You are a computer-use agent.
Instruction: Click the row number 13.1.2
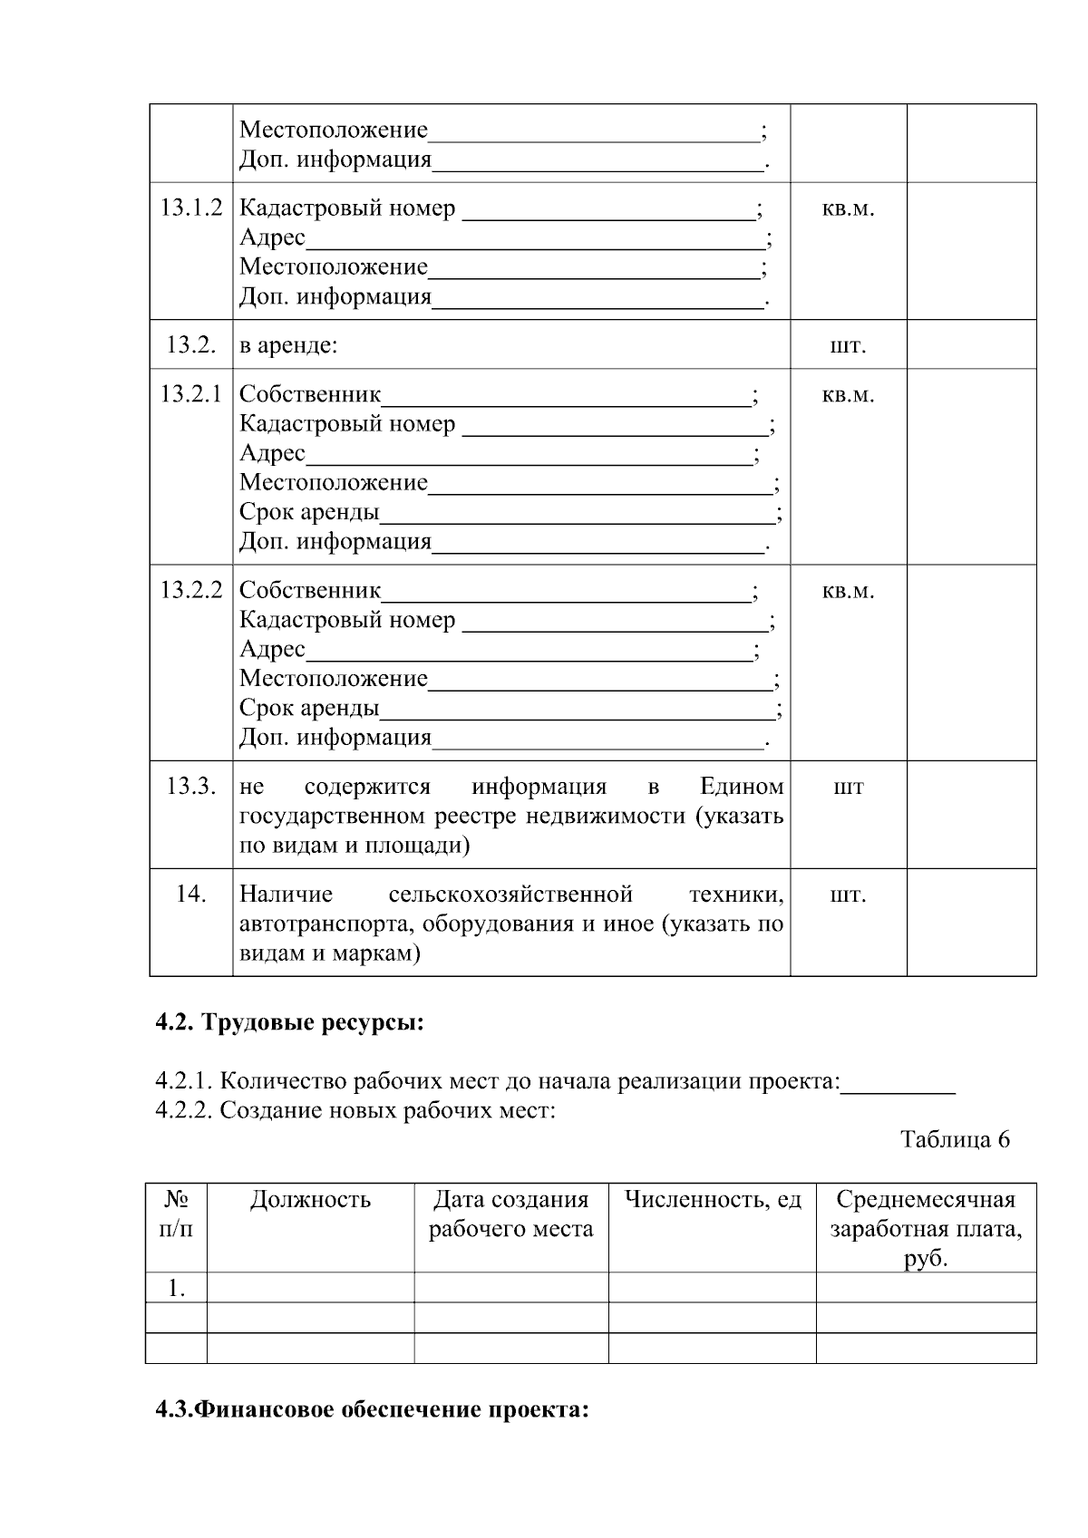coord(191,208)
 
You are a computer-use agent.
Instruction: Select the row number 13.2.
coord(191,345)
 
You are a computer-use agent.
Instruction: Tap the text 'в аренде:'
coord(288,345)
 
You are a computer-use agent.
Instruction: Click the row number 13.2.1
coord(191,394)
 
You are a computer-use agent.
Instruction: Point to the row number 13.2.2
coord(191,591)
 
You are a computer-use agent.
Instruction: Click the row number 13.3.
coord(191,787)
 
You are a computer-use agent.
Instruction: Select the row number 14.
coord(191,895)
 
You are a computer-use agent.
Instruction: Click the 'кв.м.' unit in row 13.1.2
coord(848,208)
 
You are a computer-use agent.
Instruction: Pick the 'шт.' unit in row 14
coord(848,895)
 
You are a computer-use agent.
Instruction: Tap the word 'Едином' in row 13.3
coord(742,787)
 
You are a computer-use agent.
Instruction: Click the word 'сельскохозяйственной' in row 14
coord(510,895)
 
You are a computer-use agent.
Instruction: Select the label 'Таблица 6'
coord(955,1139)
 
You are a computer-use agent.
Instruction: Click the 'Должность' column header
coord(310,1200)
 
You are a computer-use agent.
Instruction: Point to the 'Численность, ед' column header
coord(713,1200)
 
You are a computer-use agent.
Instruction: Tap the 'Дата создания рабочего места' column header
coord(510,1214)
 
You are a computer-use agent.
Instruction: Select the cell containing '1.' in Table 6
coord(177,1288)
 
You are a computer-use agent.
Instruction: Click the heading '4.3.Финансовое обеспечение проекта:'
coord(373,1411)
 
